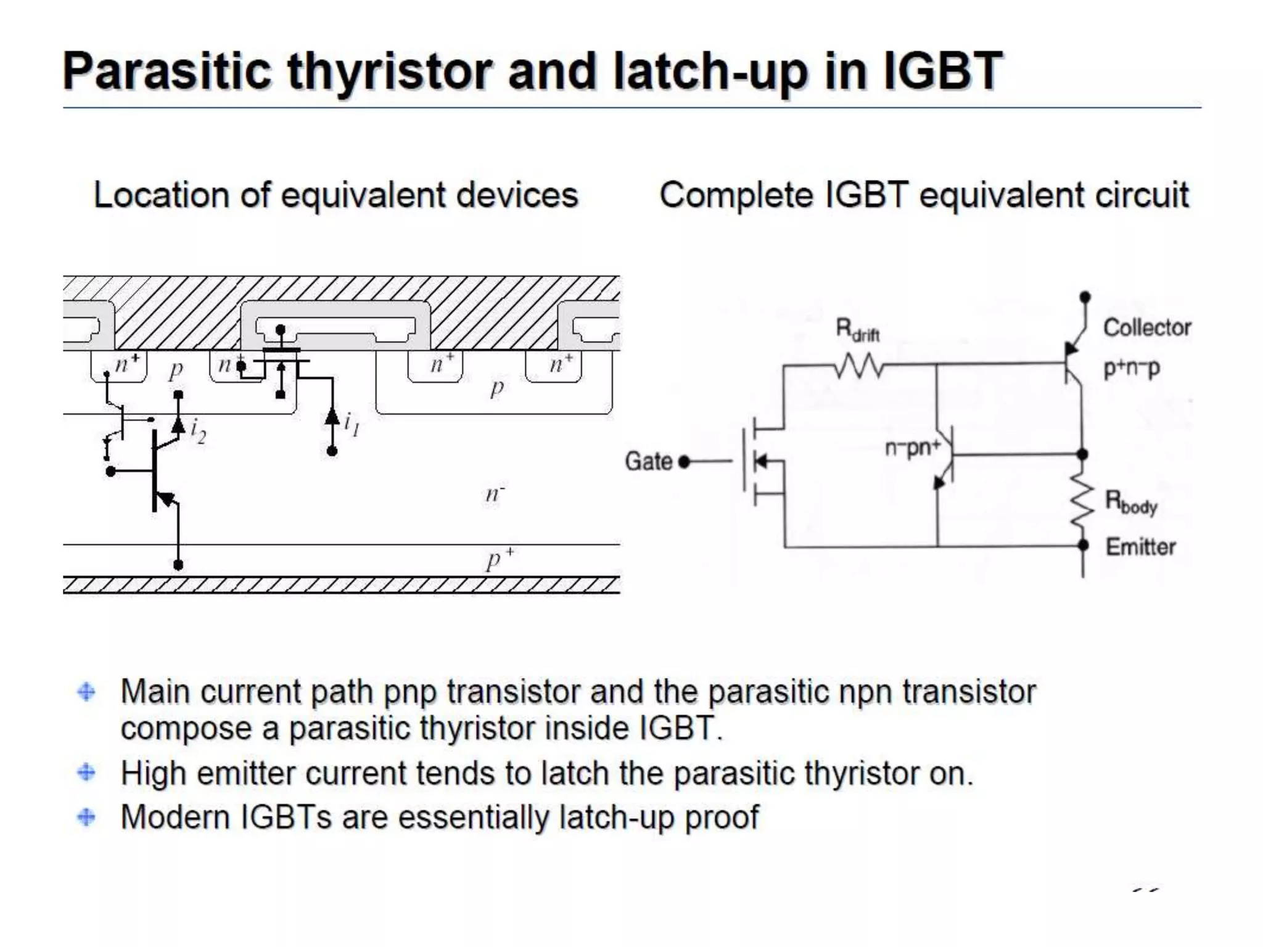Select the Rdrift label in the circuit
857,330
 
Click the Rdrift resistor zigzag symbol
860,366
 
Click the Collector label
1146,328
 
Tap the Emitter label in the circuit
1140,547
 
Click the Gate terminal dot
683,462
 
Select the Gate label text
648,461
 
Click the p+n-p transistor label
1131,368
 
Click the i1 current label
352,424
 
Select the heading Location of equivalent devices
335,195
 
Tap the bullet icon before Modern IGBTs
86,818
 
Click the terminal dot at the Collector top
1085,297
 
